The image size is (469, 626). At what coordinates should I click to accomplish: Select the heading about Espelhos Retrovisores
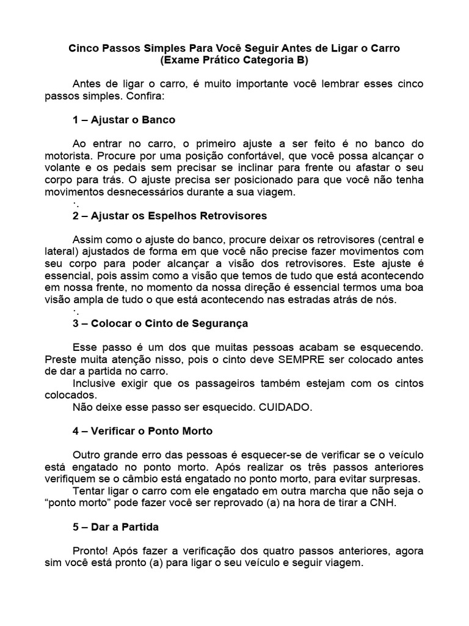[x=170, y=216]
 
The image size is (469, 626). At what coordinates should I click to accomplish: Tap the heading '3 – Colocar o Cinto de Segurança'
[x=160, y=323]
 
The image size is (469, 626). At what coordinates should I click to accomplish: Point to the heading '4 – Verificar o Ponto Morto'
[x=142, y=430]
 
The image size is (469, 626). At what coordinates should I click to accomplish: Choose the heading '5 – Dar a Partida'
[x=116, y=526]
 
